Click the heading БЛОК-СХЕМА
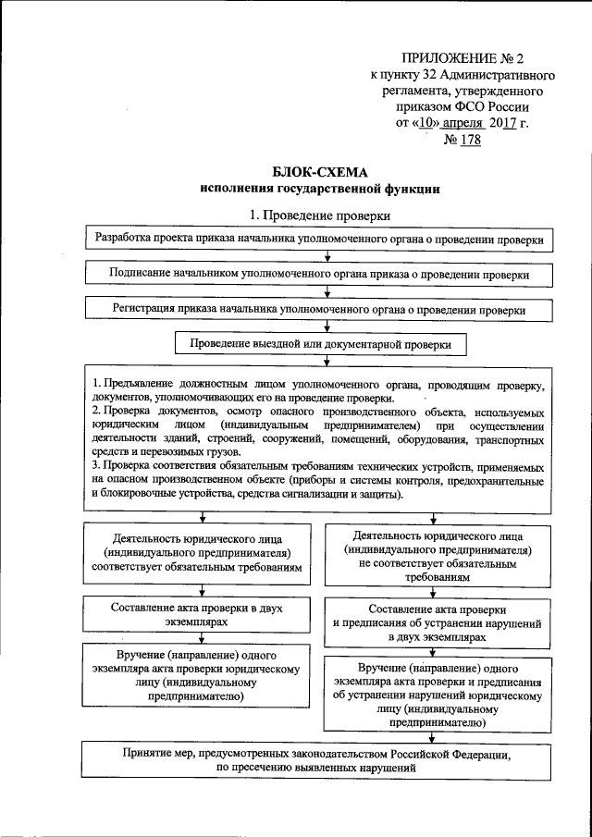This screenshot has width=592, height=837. click(320, 172)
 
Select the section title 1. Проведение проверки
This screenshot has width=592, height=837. click(320, 215)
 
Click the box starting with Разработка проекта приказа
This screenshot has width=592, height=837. click(320, 239)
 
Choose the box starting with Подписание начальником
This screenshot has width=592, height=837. click(320, 275)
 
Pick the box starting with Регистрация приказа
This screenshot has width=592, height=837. click(320, 310)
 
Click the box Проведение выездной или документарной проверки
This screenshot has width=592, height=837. click(320, 344)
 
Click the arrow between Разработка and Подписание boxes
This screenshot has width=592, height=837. click(320, 257)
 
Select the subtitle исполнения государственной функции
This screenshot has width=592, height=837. click(320, 190)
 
